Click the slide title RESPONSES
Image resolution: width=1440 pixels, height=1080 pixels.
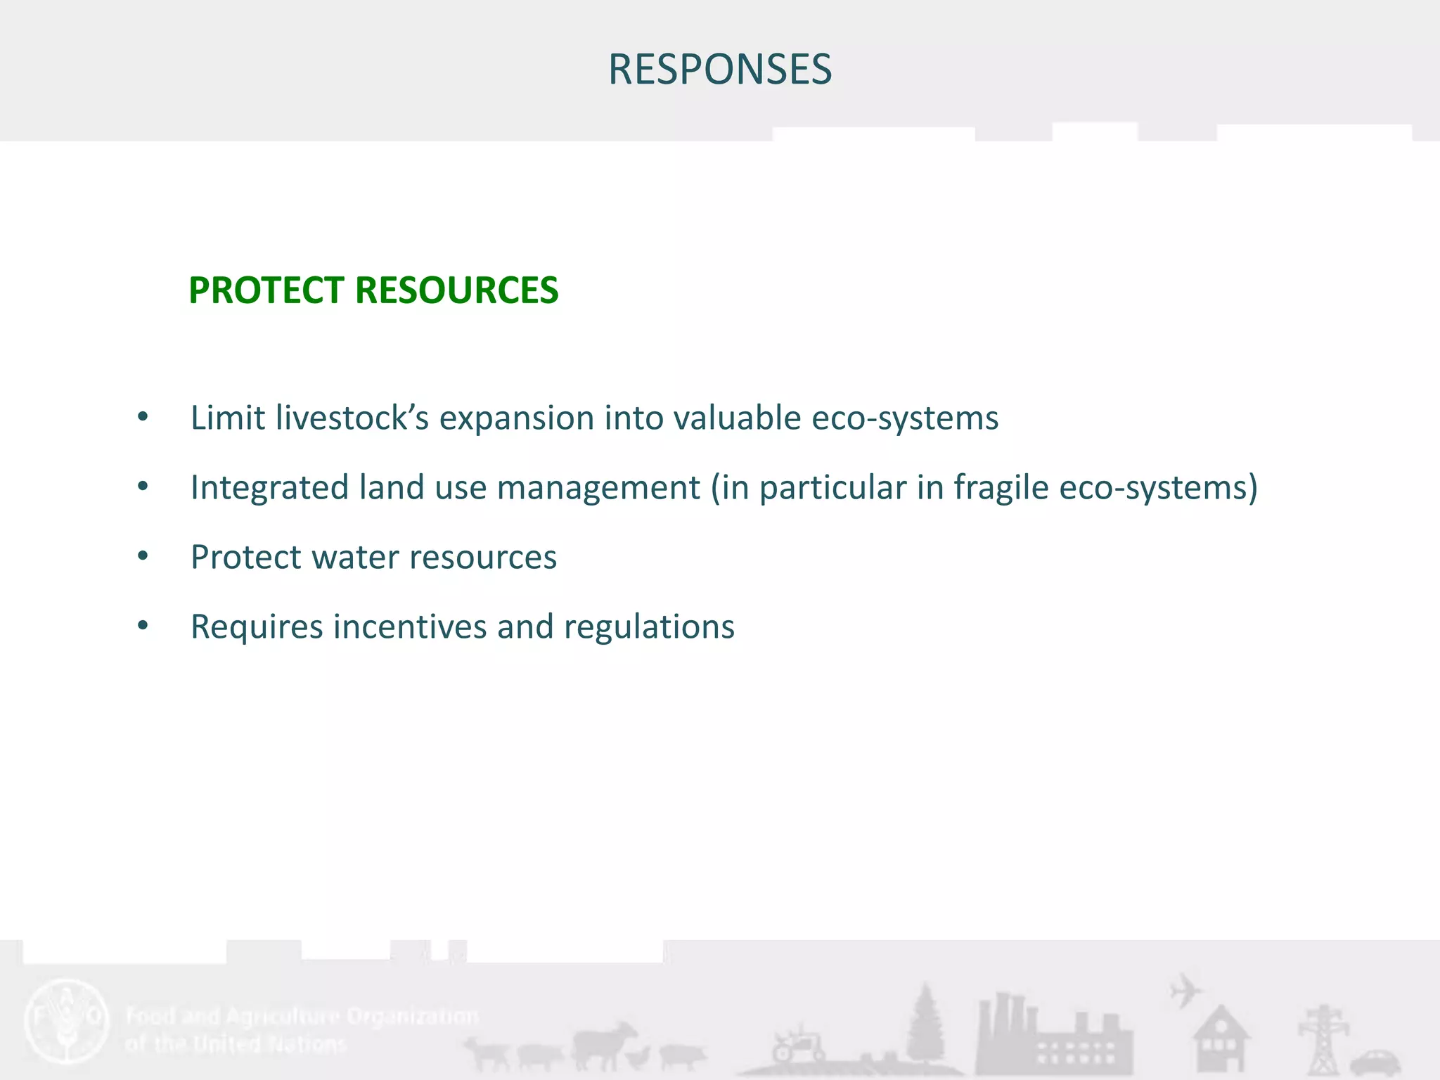[719, 70]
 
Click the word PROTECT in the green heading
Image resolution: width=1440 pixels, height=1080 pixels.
[269, 290]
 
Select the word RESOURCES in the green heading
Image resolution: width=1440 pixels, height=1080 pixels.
[457, 290]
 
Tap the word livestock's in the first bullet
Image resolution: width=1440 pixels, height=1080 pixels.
[352, 418]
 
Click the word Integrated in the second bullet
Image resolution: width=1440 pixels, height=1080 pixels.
[269, 487]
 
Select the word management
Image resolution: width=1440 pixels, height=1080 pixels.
[598, 487]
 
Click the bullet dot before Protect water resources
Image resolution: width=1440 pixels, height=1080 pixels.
[143, 557]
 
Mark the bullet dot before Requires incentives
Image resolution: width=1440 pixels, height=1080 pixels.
[143, 626]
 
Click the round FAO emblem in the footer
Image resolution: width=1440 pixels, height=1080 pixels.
[67, 1020]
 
